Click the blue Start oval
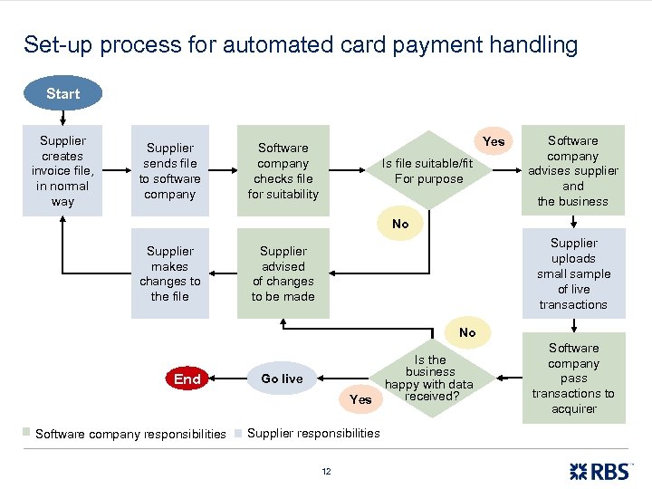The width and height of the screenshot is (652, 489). pyautogui.click(x=62, y=93)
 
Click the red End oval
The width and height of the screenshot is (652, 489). pyautogui.click(x=187, y=379)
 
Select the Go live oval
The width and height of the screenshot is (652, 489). pyautogui.click(x=282, y=379)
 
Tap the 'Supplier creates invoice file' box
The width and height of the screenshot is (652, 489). pyautogui.click(x=62, y=170)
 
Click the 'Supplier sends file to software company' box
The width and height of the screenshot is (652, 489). pyautogui.click(x=170, y=170)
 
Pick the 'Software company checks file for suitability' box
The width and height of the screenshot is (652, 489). pyautogui.click(x=283, y=170)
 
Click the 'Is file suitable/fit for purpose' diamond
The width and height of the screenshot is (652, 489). pyautogui.click(x=428, y=171)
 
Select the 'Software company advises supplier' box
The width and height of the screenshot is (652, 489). pyautogui.click(x=573, y=170)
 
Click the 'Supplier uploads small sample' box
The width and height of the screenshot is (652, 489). pyautogui.click(x=573, y=273)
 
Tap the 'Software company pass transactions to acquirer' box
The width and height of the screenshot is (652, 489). pyautogui.click(x=573, y=378)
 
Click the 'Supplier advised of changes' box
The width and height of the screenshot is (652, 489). pyautogui.click(x=283, y=273)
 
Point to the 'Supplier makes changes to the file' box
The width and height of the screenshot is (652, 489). pyautogui.click(x=170, y=273)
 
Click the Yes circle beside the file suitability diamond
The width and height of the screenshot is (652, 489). pyautogui.click(x=494, y=141)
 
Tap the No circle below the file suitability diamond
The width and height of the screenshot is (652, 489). pyautogui.click(x=400, y=224)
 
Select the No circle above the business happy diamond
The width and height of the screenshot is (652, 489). pyautogui.click(x=467, y=332)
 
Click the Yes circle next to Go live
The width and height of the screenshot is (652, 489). pyautogui.click(x=360, y=398)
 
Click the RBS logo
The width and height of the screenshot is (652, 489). pyautogui.click(x=601, y=470)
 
